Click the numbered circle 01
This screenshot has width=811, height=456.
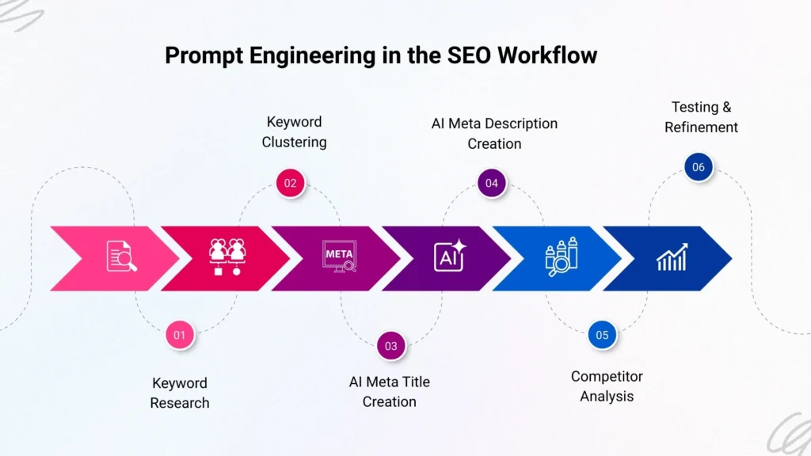pos(180,335)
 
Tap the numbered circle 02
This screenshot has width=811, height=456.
pos(291,184)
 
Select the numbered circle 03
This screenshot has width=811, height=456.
pos(391,346)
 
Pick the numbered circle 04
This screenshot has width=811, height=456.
pos(492,184)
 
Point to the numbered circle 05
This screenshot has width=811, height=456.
pos(602,335)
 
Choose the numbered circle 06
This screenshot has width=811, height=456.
pos(698,167)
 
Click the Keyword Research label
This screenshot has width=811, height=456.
pos(180,393)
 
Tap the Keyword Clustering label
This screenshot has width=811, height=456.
pos(294,132)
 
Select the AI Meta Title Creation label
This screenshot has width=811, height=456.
pos(390,392)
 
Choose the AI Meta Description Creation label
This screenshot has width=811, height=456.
pos(494,134)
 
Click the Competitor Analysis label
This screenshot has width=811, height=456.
pos(607,386)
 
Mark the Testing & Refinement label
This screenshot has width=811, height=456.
pos(701,116)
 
